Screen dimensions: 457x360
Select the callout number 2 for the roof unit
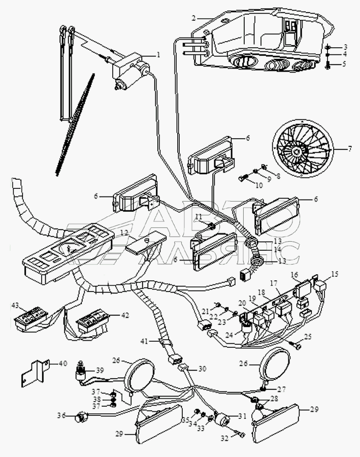point(193,18)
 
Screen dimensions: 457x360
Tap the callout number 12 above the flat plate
point(123,233)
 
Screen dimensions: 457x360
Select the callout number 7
point(349,149)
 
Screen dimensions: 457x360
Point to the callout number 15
point(334,275)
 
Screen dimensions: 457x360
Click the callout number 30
point(202,369)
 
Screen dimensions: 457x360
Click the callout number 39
point(100,370)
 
